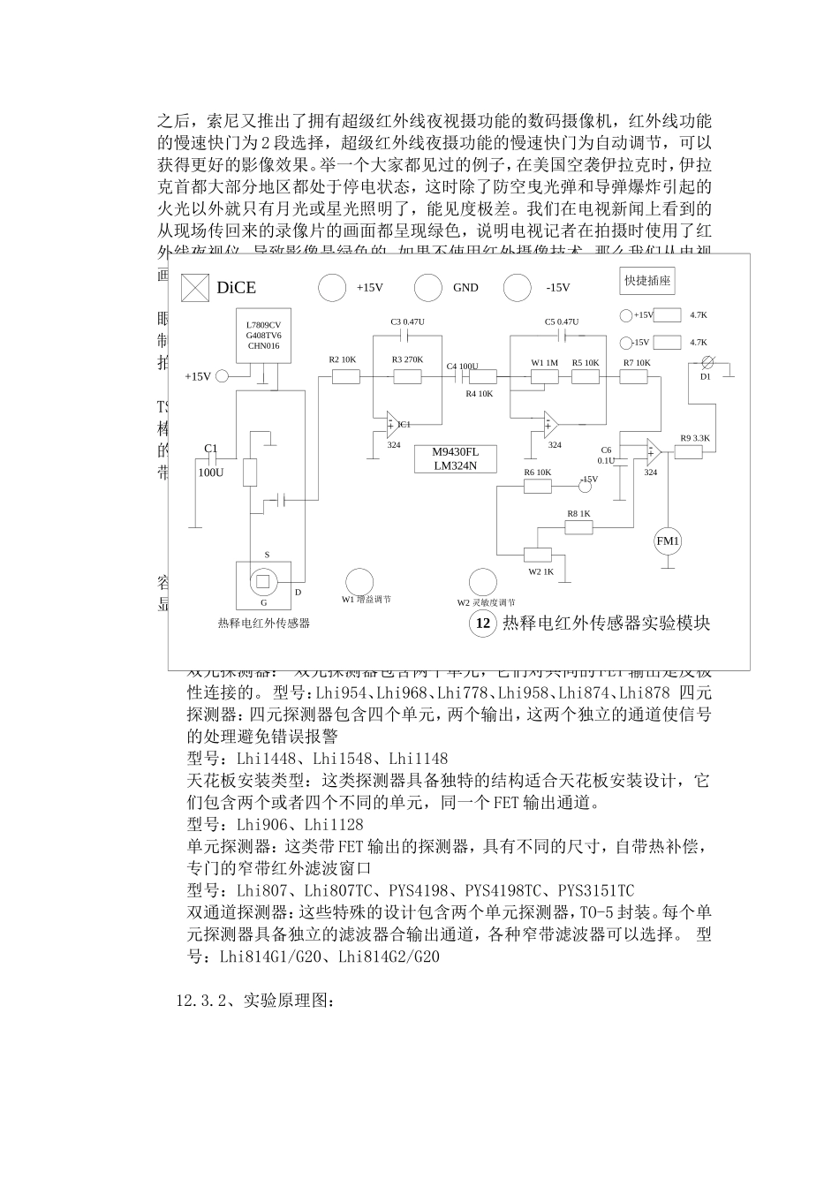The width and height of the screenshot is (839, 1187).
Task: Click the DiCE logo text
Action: [236, 287]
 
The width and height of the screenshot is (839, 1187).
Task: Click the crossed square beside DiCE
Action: [194, 287]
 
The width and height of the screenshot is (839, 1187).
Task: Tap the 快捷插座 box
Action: [647, 281]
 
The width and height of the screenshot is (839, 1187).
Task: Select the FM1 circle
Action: [668, 541]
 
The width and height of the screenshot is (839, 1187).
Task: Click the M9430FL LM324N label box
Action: [456, 458]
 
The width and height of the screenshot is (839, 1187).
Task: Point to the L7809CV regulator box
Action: [263, 336]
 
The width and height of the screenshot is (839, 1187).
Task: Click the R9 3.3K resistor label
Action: [694, 438]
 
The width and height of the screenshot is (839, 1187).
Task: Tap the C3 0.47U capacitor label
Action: [407, 321]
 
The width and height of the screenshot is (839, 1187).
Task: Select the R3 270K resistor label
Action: [407, 359]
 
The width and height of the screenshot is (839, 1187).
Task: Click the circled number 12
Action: [483, 623]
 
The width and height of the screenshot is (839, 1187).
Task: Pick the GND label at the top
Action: [465, 287]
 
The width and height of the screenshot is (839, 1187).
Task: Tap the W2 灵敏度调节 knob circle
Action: [482, 581]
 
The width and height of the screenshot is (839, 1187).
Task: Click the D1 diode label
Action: [705, 376]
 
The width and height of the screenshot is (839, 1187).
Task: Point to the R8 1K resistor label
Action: [578, 513]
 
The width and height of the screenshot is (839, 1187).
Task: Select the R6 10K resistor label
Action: [537, 473]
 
